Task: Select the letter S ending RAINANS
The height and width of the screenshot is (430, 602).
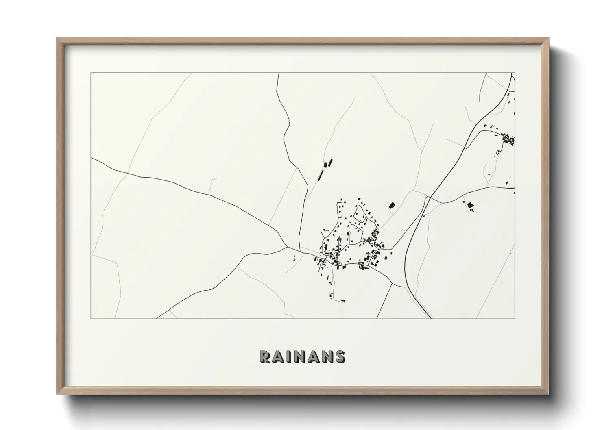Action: [340, 356]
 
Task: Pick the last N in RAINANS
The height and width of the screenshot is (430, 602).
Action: [327, 356]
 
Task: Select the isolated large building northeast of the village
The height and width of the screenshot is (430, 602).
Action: [392, 205]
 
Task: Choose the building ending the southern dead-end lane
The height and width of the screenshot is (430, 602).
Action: [343, 301]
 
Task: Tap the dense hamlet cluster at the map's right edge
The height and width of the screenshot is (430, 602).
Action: [508, 139]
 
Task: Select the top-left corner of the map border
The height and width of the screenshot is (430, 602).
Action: [91, 73]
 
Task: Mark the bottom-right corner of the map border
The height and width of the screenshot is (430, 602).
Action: [515, 318]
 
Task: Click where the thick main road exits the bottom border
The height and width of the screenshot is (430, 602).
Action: [431, 318]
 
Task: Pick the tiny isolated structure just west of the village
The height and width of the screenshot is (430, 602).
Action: [294, 257]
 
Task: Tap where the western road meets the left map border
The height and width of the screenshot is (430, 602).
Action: [92, 159]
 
